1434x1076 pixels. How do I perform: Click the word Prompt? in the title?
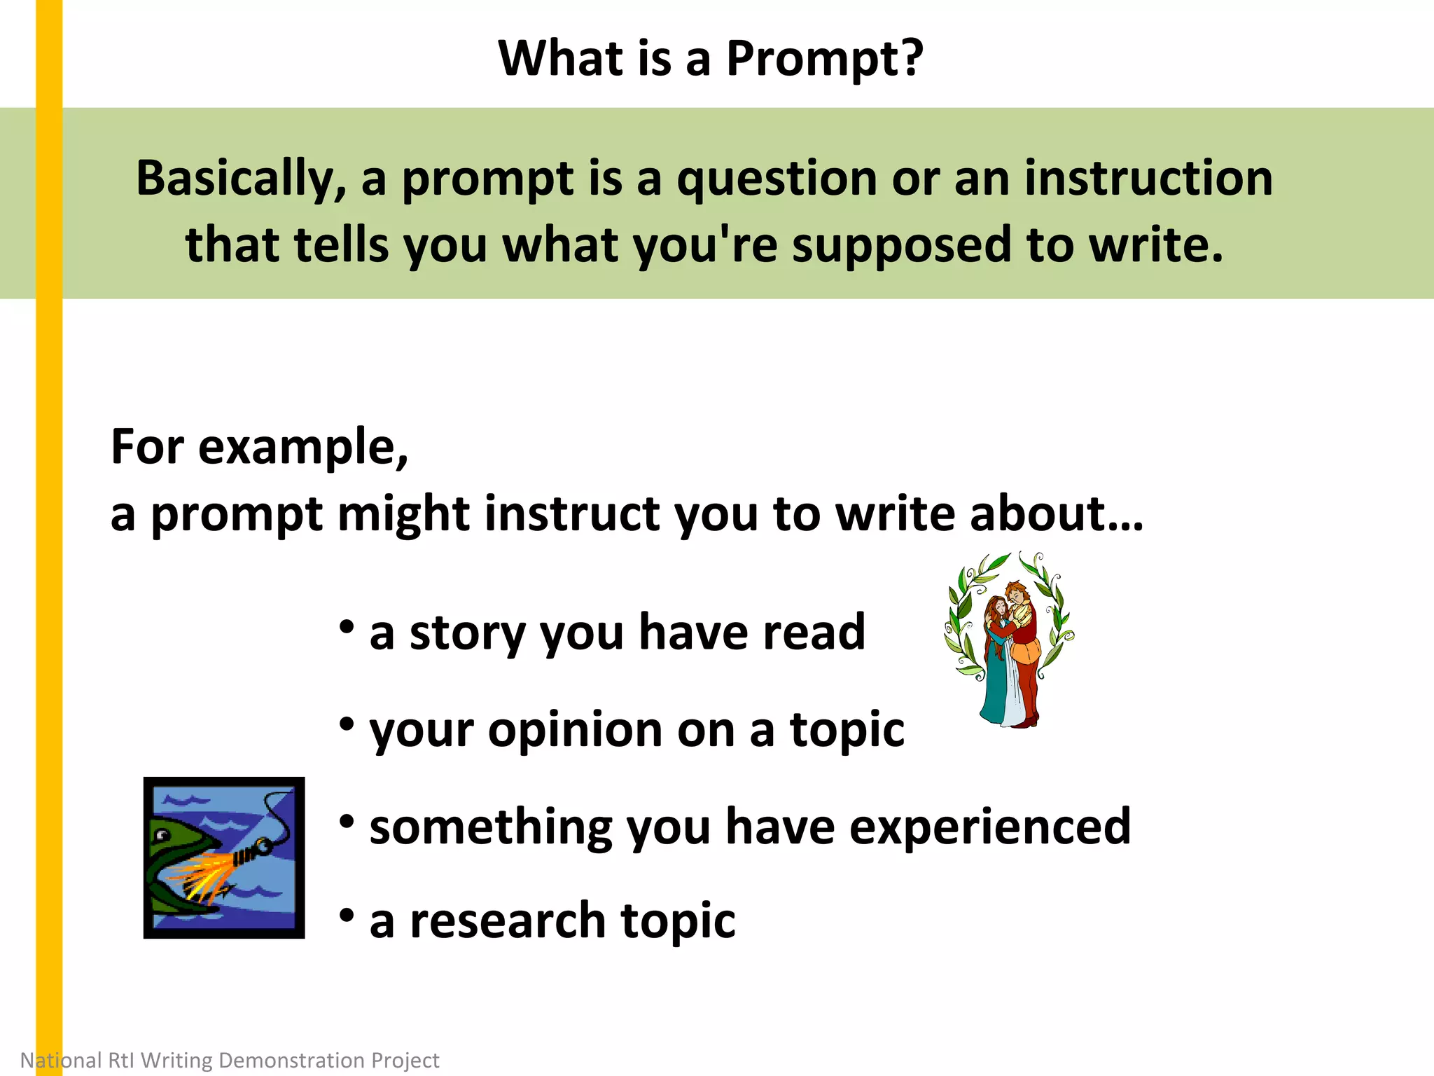824,59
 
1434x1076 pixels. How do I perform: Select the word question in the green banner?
775,179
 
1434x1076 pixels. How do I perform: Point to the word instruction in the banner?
1148,178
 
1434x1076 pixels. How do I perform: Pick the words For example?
259,447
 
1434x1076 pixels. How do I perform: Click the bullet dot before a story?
346,626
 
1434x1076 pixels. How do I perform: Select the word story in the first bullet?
466,633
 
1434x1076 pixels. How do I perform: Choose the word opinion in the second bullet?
574,731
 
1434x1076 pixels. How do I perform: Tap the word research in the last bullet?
507,920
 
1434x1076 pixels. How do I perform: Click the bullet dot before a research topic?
346,915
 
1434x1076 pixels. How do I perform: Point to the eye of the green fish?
162,834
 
